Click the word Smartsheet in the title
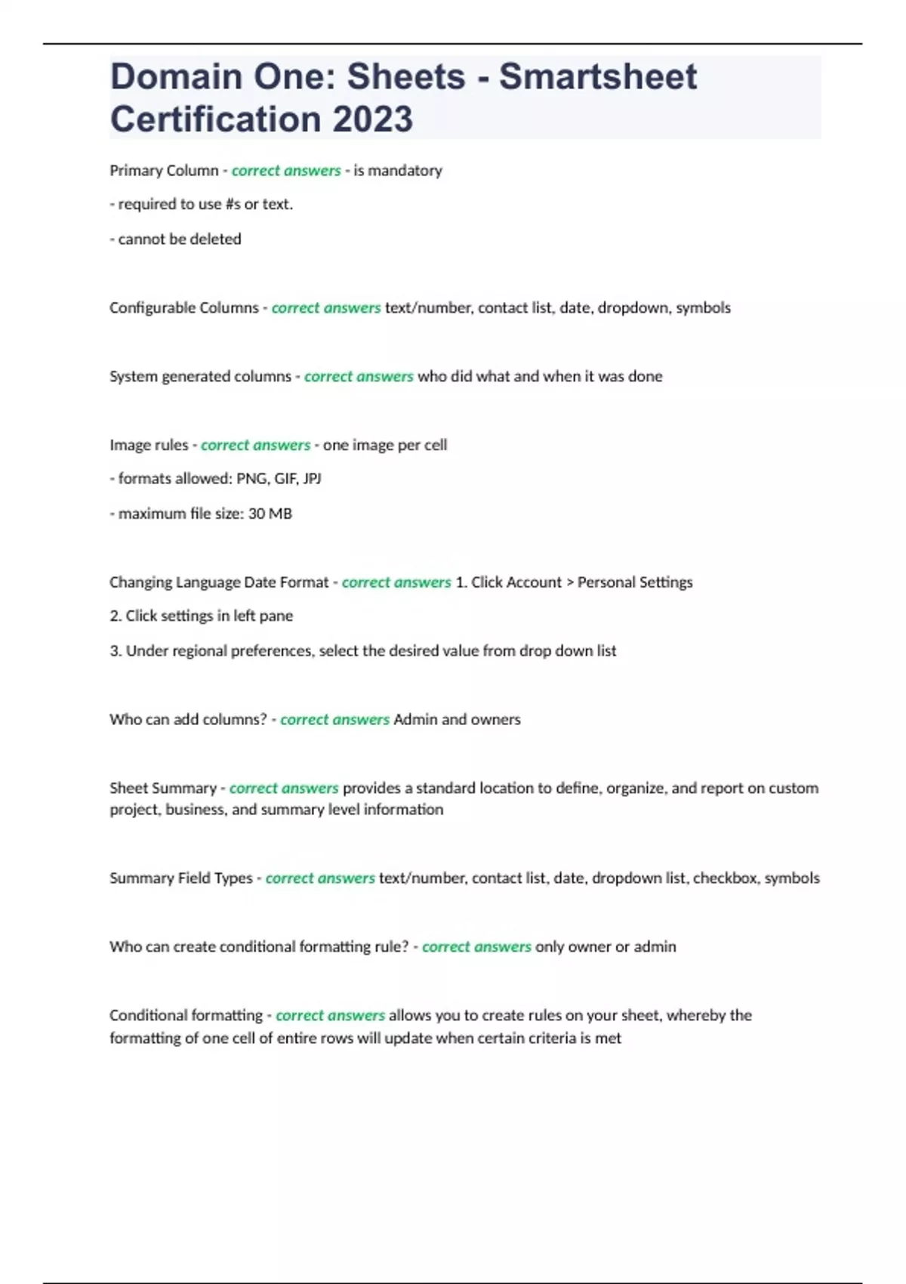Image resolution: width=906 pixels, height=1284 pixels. click(598, 77)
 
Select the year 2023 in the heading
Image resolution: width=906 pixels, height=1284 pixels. click(372, 119)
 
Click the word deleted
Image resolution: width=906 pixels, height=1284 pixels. click(216, 239)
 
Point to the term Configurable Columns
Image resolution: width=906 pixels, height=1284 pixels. click(183, 308)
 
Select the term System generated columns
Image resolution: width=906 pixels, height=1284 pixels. click(200, 377)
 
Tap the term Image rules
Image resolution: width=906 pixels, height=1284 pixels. click(149, 446)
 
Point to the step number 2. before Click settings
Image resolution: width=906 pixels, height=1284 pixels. click(116, 616)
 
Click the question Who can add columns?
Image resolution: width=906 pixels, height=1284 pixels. click(188, 720)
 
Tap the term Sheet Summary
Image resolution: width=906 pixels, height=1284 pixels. click(163, 789)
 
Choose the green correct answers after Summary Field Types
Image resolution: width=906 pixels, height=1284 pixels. click(320, 878)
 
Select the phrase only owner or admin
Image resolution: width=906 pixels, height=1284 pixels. click(606, 947)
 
